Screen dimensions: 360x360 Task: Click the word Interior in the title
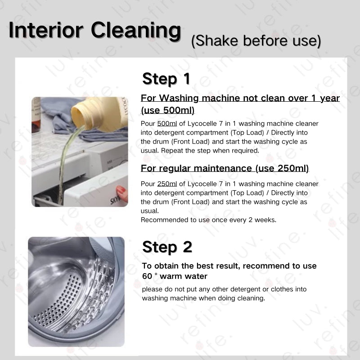pos(46,30)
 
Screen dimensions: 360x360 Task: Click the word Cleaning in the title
pos(136,31)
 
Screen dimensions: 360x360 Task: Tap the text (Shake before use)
pos(256,41)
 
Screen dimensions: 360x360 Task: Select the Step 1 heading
pos(166,79)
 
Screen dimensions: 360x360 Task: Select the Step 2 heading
pos(167,247)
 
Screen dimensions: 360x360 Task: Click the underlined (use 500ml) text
pos(167,110)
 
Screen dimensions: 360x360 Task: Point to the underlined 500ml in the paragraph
pos(167,123)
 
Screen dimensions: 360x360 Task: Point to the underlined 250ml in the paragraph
pos(167,184)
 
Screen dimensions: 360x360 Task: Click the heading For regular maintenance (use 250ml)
pos(225,168)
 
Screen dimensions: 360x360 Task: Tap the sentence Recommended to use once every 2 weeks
pos(208,220)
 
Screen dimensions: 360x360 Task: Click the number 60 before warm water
pos(147,276)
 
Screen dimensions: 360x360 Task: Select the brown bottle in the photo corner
pos(36,115)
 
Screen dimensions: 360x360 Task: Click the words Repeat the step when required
pos(210,151)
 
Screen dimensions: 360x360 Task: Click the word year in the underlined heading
pos(330,99)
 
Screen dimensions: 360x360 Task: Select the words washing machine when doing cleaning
pos(203,298)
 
